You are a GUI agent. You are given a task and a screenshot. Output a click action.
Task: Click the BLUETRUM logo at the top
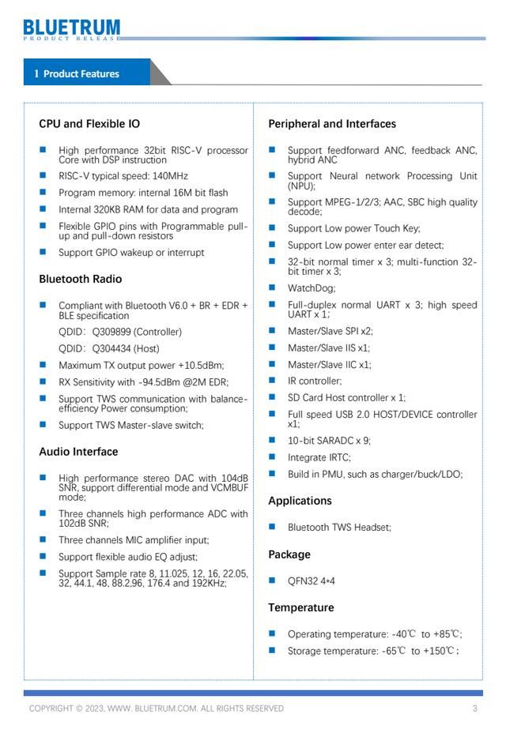[x=72, y=30]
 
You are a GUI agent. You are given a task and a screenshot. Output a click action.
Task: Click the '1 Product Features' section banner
[x=77, y=73]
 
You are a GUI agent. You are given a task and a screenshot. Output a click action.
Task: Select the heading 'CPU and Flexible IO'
[x=89, y=124]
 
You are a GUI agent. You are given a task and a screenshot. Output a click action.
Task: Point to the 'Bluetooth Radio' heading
[x=80, y=279]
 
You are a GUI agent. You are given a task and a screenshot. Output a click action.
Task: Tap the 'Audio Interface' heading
[x=78, y=452]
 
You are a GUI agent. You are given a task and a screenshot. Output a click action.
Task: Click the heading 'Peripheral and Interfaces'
[x=332, y=124]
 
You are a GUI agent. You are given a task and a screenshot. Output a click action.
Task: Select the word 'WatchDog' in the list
[x=311, y=288]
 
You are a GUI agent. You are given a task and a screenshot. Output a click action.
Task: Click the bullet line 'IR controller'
[x=315, y=381]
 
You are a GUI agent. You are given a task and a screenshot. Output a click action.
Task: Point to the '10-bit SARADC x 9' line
[x=329, y=441]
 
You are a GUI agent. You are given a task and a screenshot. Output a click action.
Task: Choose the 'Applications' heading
[x=300, y=501]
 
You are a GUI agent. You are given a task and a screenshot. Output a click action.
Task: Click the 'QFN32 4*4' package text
[x=312, y=581]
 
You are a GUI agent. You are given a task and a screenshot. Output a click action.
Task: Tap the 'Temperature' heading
[x=300, y=607]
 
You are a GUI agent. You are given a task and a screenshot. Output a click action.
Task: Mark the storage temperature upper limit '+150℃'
[x=439, y=651]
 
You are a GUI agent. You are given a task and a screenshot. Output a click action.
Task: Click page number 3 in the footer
[x=475, y=708]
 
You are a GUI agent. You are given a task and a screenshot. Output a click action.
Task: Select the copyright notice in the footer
[x=156, y=708]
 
